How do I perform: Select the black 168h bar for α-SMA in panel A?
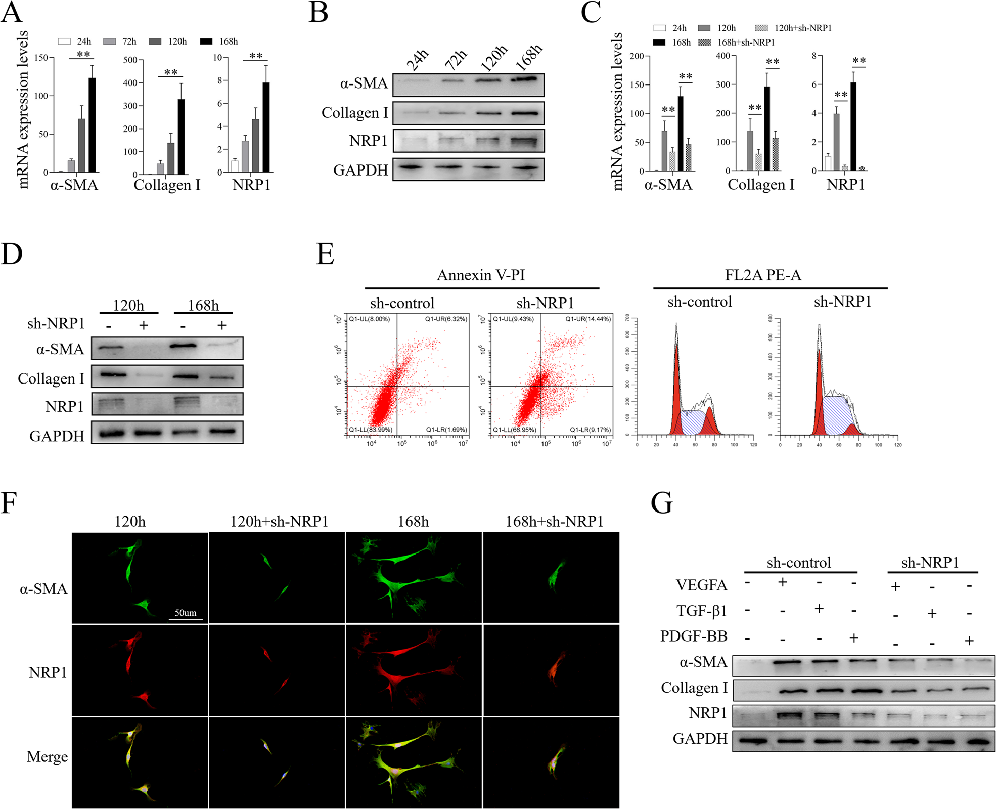click(92, 125)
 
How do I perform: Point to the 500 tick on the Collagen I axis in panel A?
click(130, 60)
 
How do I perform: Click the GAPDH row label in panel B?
click(360, 170)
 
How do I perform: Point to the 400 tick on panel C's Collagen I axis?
click(723, 56)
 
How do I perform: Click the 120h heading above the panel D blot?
click(128, 306)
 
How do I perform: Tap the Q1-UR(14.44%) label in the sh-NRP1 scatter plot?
click(588, 319)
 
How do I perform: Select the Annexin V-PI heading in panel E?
click(481, 275)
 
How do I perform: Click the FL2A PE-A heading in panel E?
click(763, 275)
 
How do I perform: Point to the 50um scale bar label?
click(186, 613)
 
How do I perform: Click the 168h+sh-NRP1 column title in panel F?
click(554, 522)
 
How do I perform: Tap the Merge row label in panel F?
click(47, 757)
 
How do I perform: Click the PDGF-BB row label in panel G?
click(694, 636)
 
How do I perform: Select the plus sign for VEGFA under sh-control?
click(783, 582)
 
